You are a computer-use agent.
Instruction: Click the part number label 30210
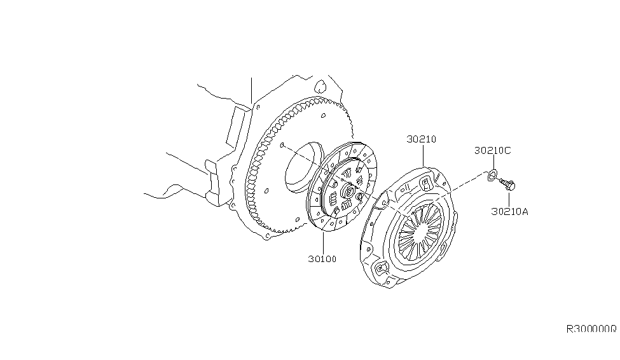tap(422, 139)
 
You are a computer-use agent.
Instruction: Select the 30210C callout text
tap(493, 150)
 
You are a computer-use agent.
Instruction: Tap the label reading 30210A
tap(510, 211)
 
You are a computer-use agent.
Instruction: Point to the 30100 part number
tap(322, 259)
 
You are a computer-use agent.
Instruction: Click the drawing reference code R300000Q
tap(591, 329)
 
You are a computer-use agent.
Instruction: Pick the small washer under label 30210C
tap(493, 174)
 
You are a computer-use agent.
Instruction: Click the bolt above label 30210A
tap(507, 184)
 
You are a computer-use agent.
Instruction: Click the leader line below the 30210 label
tap(423, 155)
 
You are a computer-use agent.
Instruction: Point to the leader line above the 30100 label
tap(323, 243)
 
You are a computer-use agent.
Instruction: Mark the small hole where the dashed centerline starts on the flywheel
tap(282, 145)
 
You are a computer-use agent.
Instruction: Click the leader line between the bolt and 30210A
tap(509, 199)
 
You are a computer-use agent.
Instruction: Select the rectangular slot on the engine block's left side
tap(237, 126)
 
